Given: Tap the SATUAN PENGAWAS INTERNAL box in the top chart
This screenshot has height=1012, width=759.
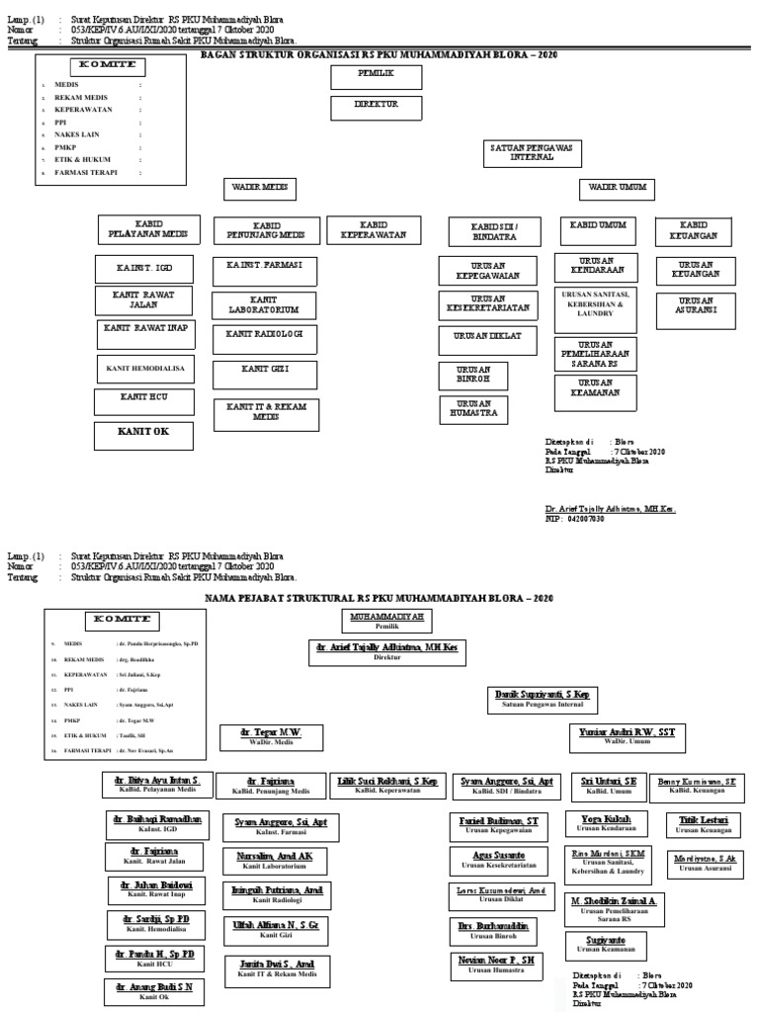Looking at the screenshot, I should point(533,152).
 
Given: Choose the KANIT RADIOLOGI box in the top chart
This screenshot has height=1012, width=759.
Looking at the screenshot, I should point(264,336).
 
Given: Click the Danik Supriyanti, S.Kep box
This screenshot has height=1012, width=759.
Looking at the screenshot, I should point(541,700).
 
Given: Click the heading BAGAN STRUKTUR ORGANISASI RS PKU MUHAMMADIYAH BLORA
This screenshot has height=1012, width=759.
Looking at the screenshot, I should point(379,56).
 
